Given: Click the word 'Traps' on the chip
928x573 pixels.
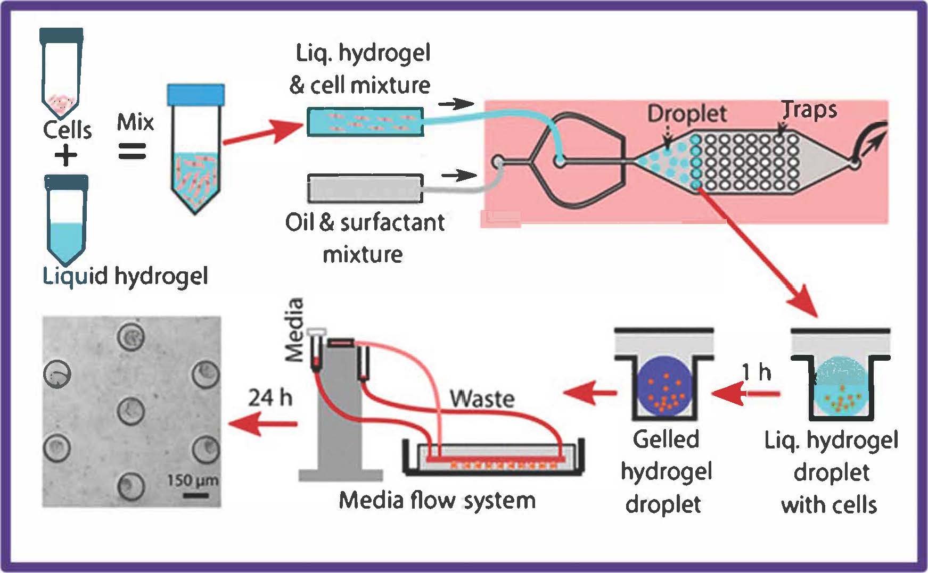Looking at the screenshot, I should click(x=810, y=110).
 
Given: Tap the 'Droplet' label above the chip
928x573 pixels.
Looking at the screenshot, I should click(x=687, y=113).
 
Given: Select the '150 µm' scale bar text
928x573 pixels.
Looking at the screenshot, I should click(x=192, y=480).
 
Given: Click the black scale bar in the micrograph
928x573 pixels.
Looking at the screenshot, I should click(x=196, y=496).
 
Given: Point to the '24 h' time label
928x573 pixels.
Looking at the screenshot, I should click(x=270, y=397).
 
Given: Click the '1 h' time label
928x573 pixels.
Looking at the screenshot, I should click(x=757, y=372).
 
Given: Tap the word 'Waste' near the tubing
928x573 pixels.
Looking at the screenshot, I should click(x=482, y=398).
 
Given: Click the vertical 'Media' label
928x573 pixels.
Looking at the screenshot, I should click(x=294, y=330).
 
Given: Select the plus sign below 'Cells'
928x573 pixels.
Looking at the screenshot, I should click(x=66, y=156).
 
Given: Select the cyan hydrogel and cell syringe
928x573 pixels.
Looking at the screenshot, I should click(x=365, y=122).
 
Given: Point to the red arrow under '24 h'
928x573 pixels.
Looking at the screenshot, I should click(x=262, y=424).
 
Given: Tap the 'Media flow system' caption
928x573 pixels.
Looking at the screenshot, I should click(x=437, y=501).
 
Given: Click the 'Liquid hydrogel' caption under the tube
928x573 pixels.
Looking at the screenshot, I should click(x=125, y=277).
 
